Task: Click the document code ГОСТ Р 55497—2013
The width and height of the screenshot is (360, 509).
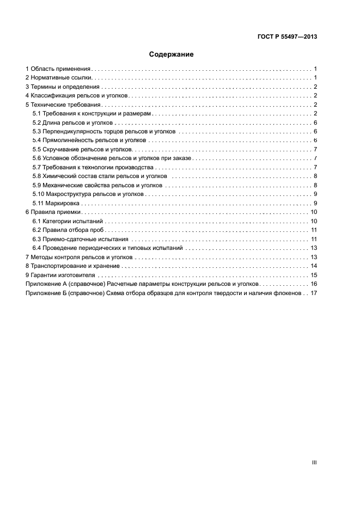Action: pos(287,37)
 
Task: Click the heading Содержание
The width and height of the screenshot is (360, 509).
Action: pos(172,54)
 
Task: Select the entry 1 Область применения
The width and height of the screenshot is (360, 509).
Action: pos(58,69)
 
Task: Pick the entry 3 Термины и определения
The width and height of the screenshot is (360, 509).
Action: pos(63,87)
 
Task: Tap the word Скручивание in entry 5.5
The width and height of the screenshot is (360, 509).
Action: pos(60,149)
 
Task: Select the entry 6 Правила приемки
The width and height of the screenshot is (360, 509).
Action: pos(53,212)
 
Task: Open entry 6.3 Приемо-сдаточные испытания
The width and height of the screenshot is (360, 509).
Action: pos(80,238)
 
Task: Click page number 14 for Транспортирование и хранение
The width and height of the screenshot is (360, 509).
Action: pos(314,266)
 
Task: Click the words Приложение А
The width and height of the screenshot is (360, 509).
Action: pos(48,284)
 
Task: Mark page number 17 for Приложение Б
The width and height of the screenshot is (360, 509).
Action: pos(314,292)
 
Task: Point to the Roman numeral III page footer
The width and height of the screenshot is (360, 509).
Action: pos(314,462)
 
